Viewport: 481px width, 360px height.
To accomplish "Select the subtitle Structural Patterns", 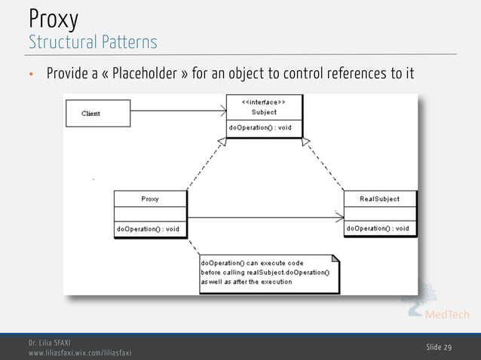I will tap(93, 41).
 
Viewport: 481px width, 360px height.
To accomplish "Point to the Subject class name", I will tap(264, 111).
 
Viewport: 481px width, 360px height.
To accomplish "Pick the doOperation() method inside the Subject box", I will tap(259, 127).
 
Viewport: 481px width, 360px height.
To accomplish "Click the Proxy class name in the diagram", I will tap(150, 199).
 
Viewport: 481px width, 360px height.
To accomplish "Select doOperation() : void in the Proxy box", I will tap(148, 228).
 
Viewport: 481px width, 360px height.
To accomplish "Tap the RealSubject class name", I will tap(380, 199).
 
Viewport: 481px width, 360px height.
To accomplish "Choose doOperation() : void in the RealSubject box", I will tap(378, 228).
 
